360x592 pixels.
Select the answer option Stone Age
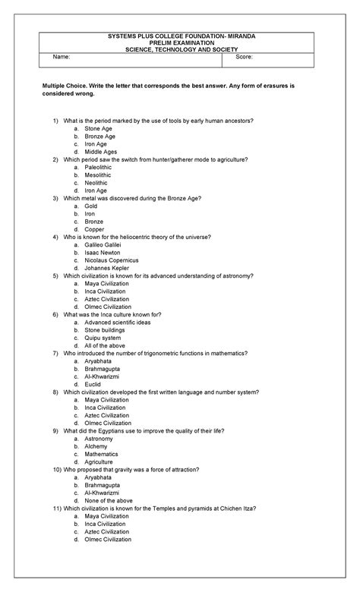pyautogui.click(x=99, y=129)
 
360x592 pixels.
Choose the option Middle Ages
pyautogui.click(x=101, y=153)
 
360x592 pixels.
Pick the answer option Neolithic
pyautogui.click(x=96, y=183)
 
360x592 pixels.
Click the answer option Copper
pyautogui.click(x=95, y=228)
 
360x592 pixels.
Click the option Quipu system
pyautogui.click(x=104, y=338)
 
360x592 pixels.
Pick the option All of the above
pyautogui.click(x=106, y=345)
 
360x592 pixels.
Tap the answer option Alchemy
pyautogui.click(x=96, y=446)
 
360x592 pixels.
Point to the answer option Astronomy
pyautogui.click(x=99, y=439)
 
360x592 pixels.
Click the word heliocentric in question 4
pyautogui.click(x=134, y=237)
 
